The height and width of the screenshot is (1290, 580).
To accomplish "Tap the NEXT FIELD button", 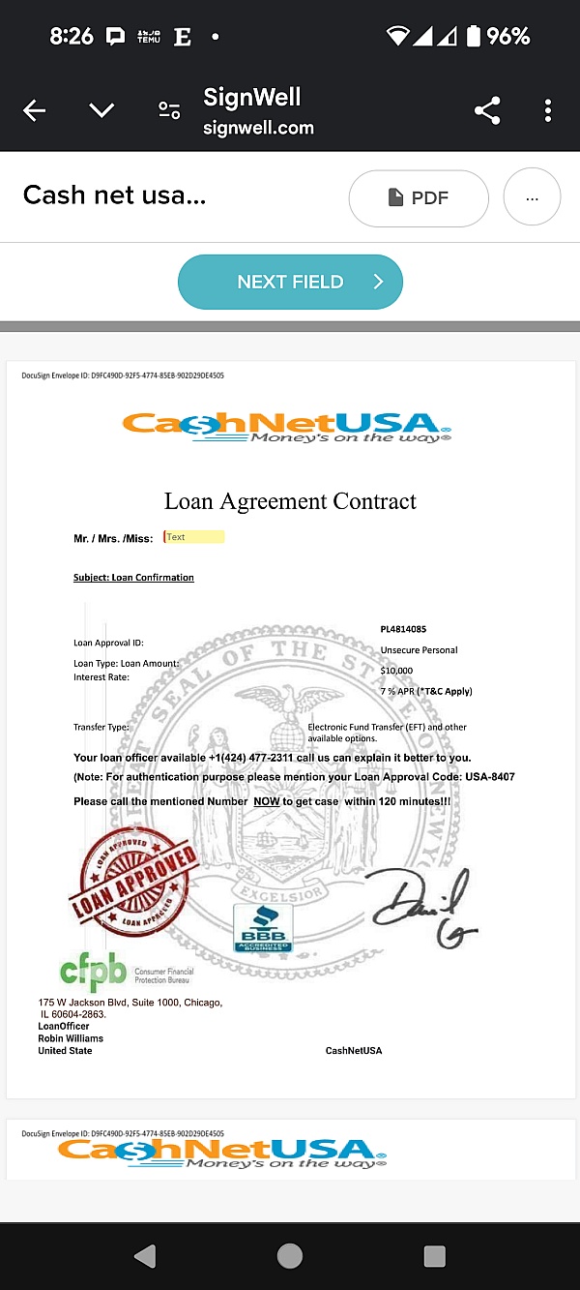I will pyautogui.click(x=290, y=282).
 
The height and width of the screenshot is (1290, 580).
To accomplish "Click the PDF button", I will pyautogui.click(x=418, y=197).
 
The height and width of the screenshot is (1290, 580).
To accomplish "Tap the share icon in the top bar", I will pyautogui.click(x=487, y=111).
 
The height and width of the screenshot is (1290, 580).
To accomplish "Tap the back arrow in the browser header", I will pyautogui.click(x=34, y=111).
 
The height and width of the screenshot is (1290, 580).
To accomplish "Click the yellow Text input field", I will pyautogui.click(x=193, y=537).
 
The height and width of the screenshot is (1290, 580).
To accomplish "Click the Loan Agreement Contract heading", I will pyautogui.click(x=290, y=501).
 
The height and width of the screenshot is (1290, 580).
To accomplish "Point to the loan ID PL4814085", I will pyautogui.click(x=403, y=629).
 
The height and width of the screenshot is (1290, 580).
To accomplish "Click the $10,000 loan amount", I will pyautogui.click(x=396, y=670).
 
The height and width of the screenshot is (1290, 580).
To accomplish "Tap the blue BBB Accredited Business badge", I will pyautogui.click(x=263, y=927).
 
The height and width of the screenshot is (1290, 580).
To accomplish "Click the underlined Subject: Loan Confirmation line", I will pyautogui.click(x=133, y=578).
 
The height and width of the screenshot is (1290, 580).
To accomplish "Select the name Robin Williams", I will pyautogui.click(x=71, y=1038).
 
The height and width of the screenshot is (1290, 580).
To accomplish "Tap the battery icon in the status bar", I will pyautogui.click(x=474, y=37).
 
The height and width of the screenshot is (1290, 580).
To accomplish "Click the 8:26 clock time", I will pyautogui.click(x=72, y=37).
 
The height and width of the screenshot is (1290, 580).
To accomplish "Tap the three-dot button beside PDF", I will pyautogui.click(x=532, y=197).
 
